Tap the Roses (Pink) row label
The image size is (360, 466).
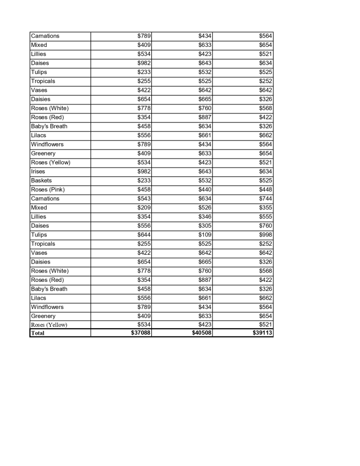(x=48, y=190)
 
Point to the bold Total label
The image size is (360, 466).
(x=37, y=333)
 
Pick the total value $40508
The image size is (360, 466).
(x=201, y=333)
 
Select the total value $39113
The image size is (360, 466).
(x=262, y=333)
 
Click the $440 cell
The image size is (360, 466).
(x=205, y=190)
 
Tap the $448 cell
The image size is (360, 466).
(x=266, y=190)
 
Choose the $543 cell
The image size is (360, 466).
(x=144, y=198)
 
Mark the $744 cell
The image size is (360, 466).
(x=266, y=198)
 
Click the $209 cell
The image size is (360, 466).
(x=144, y=207)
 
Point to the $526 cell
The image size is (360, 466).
(x=205, y=207)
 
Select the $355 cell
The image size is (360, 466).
(x=266, y=207)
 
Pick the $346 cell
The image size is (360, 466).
(x=205, y=217)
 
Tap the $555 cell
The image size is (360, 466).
(x=266, y=217)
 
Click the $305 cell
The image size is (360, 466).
(x=205, y=226)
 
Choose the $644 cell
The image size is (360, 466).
(x=144, y=234)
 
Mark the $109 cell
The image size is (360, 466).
(x=205, y=234)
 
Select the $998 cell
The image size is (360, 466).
(x=266, y=234)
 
